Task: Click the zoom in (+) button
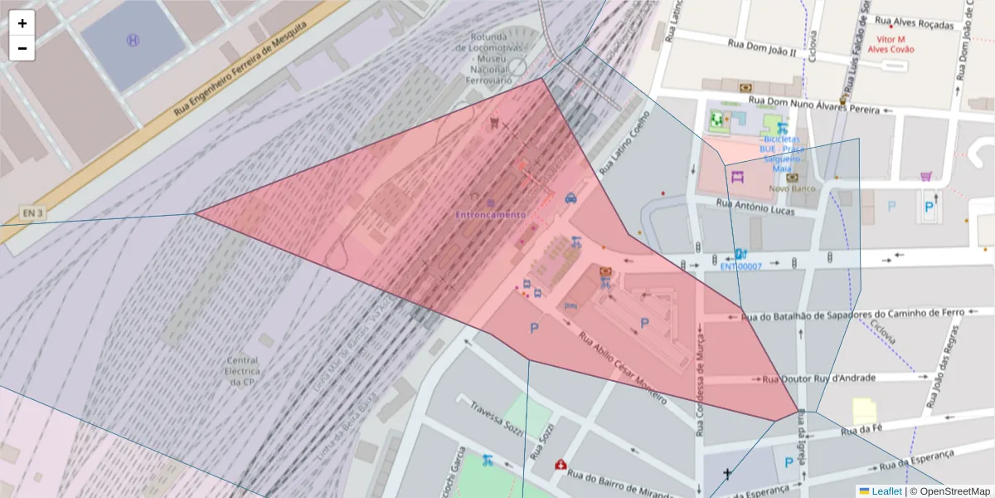coord(22,23)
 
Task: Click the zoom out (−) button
coord(22,48)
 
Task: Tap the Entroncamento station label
coord(490,214)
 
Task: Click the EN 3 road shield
coord(32,213)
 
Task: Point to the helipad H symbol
coord(132,40)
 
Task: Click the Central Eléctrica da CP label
coord(241,371)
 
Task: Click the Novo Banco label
coord(793,188)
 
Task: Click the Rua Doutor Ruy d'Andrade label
coord(818,378)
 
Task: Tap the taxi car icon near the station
coord(570,198)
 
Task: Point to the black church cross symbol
coord(727,474)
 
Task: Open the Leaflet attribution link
coord(880,491)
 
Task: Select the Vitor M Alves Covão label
coord(891,44)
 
